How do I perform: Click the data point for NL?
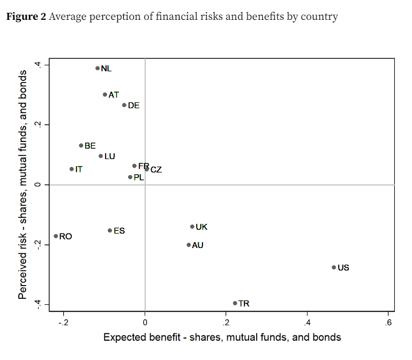point(98,68)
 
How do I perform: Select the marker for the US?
point(334,267)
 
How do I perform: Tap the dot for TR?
point(235,303)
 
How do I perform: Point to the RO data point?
point(56,236)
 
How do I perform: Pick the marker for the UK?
point(192,227)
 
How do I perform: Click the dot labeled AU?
point(189,245)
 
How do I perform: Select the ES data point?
point(110,230)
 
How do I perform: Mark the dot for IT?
point(71,169)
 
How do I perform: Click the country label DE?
point(133,106)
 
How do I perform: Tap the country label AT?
point(114,95)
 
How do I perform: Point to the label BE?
point(90,146)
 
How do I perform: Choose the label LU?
point(110,156)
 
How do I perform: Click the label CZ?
point(156,170)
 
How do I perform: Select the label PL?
point(139,177)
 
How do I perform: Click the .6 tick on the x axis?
point(388,322)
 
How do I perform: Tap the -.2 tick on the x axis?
point(63,322)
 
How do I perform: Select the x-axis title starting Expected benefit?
point(222,337)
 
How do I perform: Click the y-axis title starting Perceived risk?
point(23,184)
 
